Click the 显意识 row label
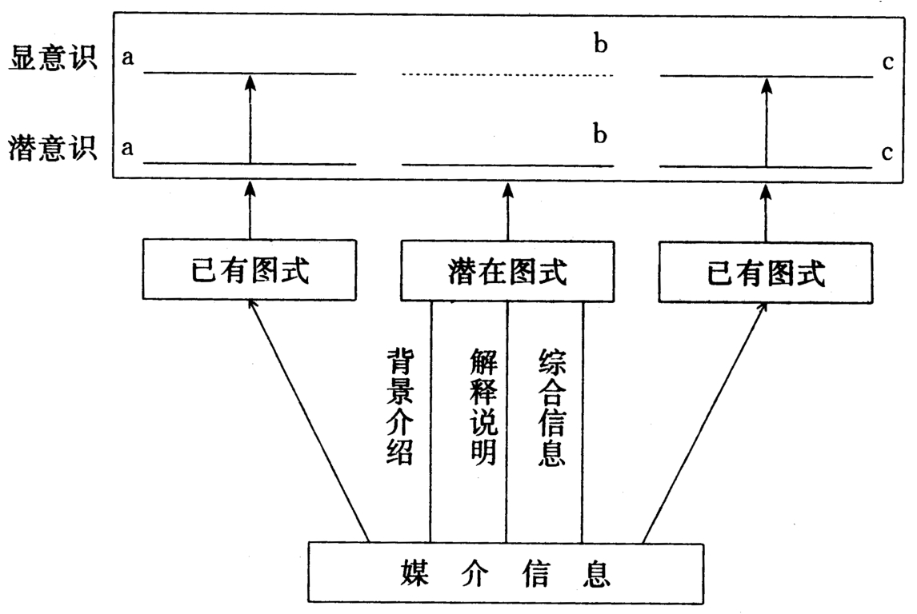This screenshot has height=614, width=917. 53,61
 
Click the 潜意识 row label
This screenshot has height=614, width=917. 53,149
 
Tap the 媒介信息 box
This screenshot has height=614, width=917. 506,572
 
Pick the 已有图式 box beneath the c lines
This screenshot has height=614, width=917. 766,273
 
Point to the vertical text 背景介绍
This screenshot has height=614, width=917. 399,406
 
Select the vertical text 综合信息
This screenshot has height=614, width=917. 553,406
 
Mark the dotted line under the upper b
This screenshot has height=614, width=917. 507,75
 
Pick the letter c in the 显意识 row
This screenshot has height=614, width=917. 888,62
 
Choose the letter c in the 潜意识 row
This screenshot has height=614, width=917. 888,152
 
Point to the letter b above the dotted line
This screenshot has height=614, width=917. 600,45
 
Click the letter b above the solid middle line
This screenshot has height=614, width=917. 600,135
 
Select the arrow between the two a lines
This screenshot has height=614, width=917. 250,120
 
